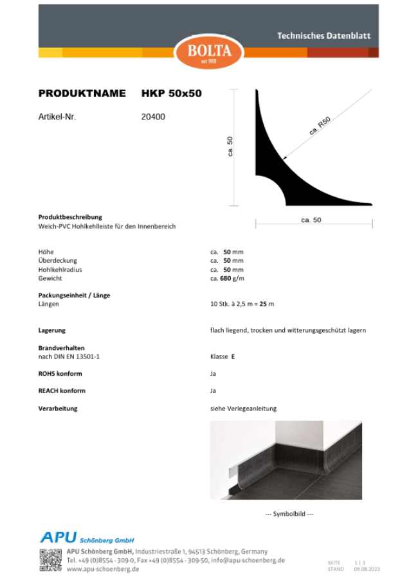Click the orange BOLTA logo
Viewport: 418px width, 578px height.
point(209,51)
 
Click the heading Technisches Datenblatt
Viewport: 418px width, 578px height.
point(323,36)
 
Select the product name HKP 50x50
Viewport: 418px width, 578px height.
point(171,94)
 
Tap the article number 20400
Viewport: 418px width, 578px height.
point(153,117)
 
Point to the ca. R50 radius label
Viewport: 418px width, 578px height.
point(320,125)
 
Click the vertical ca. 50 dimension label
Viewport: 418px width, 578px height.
point(230,146)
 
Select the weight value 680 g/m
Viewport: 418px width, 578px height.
point(232,279)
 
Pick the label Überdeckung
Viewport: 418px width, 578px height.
point(58,261)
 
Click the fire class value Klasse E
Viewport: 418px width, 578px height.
point(223,356)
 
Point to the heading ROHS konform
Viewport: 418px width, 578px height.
point(60,373)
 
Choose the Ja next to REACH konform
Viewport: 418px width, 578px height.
point(213,390)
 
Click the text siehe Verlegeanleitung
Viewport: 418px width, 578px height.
point(243,408)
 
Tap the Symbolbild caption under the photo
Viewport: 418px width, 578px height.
point(289,514)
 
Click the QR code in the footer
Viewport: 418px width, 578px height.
point(51,560)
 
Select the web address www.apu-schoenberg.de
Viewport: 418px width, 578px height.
point(103,569)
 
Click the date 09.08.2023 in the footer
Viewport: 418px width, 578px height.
point(367,569)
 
